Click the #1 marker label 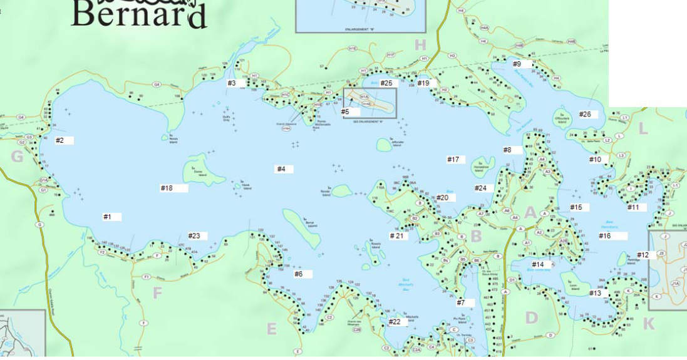click(108, 217)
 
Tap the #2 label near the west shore click(60, 140)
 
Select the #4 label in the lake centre click(281, 169)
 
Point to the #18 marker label click(167, 188)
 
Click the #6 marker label click(299, 274)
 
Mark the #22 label click(395, 322)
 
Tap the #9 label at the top click(517, 64)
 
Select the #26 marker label click(585, 114)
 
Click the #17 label click(453, 160)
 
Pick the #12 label click(643, 255)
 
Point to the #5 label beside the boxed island click(345, 111)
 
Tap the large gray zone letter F click(157, 293)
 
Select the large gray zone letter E click(271, 329)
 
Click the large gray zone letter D click(531, 317)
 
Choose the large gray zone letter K click(649, 324)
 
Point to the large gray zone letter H click(420, 44)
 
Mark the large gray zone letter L click(643, 129)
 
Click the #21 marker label click(398, 236)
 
